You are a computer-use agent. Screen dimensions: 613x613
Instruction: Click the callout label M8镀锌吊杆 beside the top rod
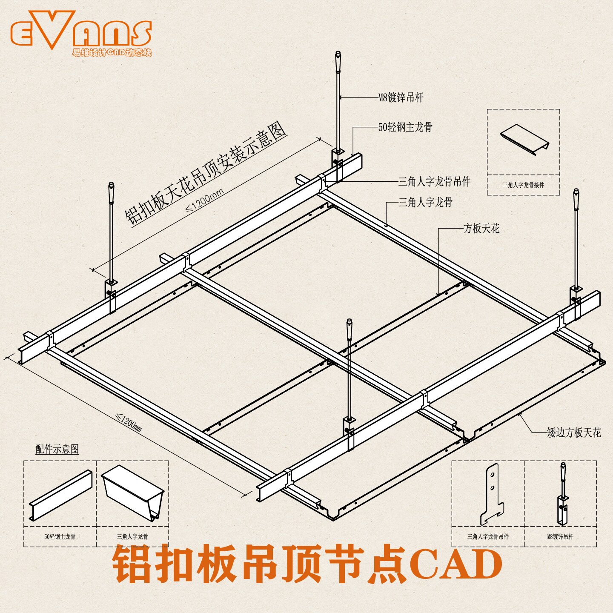pyautogui.click(x=401, y=97)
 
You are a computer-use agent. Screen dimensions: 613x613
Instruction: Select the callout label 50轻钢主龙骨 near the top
pyautogui.click(x=405, y=127)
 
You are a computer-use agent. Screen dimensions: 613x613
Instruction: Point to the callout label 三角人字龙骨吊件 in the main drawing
pyautogui.click(x=434, y=182)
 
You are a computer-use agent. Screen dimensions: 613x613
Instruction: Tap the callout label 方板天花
pyautogui.click(x=481, y=229)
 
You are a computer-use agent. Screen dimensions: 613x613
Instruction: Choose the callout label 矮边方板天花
pyautogui.click(x=574, y=433)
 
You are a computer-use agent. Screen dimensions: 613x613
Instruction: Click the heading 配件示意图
pyautogui.click(x=57, y=449)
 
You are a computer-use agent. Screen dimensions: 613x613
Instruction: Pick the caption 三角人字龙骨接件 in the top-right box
pyautogui.click(x=523, y=185)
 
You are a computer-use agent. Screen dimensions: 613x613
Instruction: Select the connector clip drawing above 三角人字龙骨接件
pyautogui.click(x=524, y=139)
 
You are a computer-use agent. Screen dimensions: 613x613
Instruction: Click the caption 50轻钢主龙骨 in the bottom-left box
pyautogui.click(x=60, y=537)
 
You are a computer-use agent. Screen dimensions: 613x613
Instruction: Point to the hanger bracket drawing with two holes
pyautogui.click(x=492, y=494)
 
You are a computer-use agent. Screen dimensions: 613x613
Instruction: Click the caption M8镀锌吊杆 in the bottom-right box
pyautogui.click(x=560, y=537)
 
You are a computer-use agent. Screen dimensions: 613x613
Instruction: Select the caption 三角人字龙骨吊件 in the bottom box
pyautogui.click(x=488, y=537)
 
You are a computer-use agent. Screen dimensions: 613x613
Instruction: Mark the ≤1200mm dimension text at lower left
pyautogui.click(x=129, y=422)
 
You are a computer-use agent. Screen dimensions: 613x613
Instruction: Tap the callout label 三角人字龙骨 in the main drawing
pyautogui.click(x=425, y=202)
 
